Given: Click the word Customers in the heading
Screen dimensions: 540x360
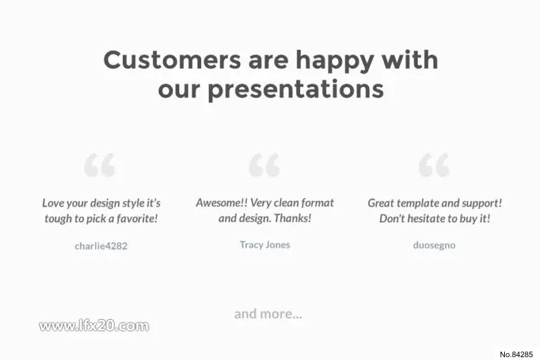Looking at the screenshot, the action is (172, 60).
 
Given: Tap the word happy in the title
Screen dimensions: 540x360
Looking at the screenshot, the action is (335, 61).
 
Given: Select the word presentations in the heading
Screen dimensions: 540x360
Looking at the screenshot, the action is (296, 90).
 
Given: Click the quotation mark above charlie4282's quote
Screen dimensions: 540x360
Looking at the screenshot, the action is (100, 165).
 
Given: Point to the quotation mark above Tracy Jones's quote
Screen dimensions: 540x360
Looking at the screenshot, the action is (264, 165).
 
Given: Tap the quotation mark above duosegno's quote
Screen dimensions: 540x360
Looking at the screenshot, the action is (434, 165).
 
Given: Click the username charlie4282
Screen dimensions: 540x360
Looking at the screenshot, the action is (101, 246).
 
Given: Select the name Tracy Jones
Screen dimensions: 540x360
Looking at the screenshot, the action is (265, 245).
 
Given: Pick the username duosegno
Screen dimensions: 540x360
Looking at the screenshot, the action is (434, 245).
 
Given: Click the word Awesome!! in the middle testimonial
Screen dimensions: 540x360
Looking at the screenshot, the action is (221, 202).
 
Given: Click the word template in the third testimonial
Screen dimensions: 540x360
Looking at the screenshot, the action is (418, 203).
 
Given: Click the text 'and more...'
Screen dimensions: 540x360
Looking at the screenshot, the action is (268, 314).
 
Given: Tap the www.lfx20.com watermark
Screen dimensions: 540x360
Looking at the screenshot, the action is (94, 326).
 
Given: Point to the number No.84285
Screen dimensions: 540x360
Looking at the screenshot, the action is (516, 354).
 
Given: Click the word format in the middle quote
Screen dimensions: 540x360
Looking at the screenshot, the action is (318, 202).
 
